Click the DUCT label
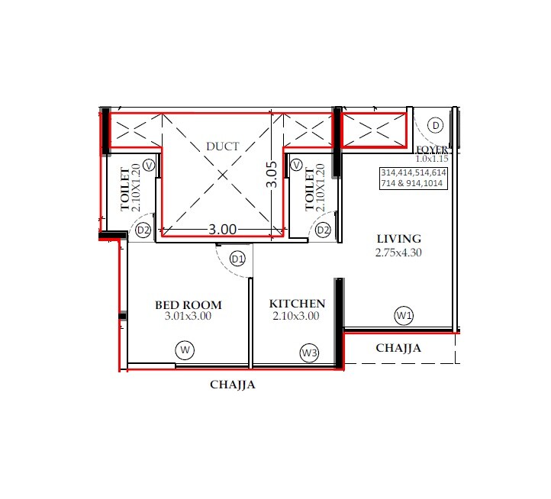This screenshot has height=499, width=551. click(223, 146)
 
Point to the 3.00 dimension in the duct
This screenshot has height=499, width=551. click(223, 229)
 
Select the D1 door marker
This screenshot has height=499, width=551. click(238, 259)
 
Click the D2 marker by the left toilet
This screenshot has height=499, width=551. click(143, 230)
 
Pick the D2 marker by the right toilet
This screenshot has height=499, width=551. click(323, 230)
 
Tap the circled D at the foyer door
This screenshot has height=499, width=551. click(435, 124)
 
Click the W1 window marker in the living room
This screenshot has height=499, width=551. click(404, 314)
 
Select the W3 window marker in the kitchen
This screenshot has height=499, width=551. click(308, 353)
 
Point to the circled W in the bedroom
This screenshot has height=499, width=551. click(184, 350)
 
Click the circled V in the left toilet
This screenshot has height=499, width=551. click(149, 164)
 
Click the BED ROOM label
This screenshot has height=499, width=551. click(188, 305)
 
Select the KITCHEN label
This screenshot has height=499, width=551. click(298, 304)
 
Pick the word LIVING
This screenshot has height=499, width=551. click(398, 239)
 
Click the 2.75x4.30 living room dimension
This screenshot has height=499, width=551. click(398, 253)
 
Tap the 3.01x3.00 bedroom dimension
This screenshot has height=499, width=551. click(188, 316)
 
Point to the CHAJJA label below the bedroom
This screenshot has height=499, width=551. click(233, 385)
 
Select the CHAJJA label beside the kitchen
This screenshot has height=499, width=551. click(398, 348)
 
